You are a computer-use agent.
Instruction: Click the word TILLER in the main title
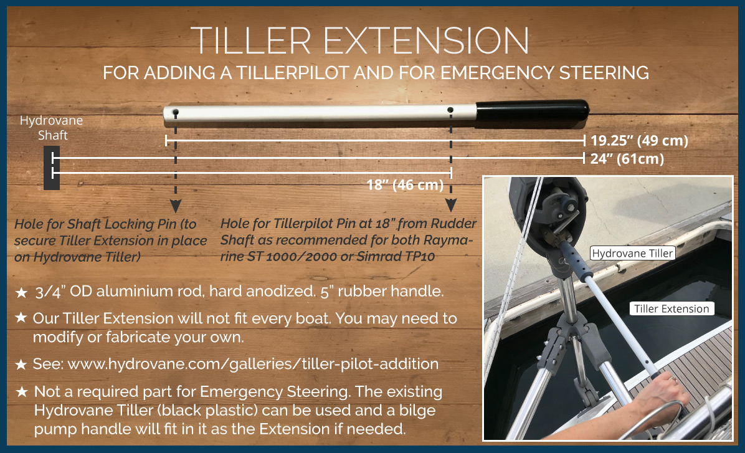[x=251, y=41]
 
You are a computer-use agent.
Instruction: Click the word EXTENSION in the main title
[x=426, y=41]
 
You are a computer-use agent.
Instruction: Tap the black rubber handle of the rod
[x=532, y=111]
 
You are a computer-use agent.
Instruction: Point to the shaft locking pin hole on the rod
[x=175, y=113]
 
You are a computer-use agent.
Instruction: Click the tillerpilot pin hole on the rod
[x=450, y=110]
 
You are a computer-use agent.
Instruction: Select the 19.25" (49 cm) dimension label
[x=639, y=141]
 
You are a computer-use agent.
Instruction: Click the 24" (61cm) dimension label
[x=627, y=159]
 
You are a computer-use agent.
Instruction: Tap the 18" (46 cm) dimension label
[x=405, y=184]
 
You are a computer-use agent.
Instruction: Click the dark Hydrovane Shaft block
[x=51, y=168]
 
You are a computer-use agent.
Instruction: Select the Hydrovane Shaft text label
[x=51, y=128]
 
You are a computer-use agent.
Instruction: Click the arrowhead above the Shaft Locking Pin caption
[x=176, y=206]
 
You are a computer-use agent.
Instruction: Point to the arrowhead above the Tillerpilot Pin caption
[x=451, y=206]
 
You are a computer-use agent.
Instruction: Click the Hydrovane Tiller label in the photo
[x=632, y=254]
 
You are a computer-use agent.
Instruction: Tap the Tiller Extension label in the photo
[x=672, y=309]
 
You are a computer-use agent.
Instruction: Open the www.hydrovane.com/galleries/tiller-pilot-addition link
[x=254, y=364]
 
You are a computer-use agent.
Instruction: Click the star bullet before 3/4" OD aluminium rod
[x=21, y=292]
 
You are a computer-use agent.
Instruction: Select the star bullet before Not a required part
[x=21, y=392]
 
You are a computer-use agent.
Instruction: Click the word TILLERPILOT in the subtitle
[x=293, y=73]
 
